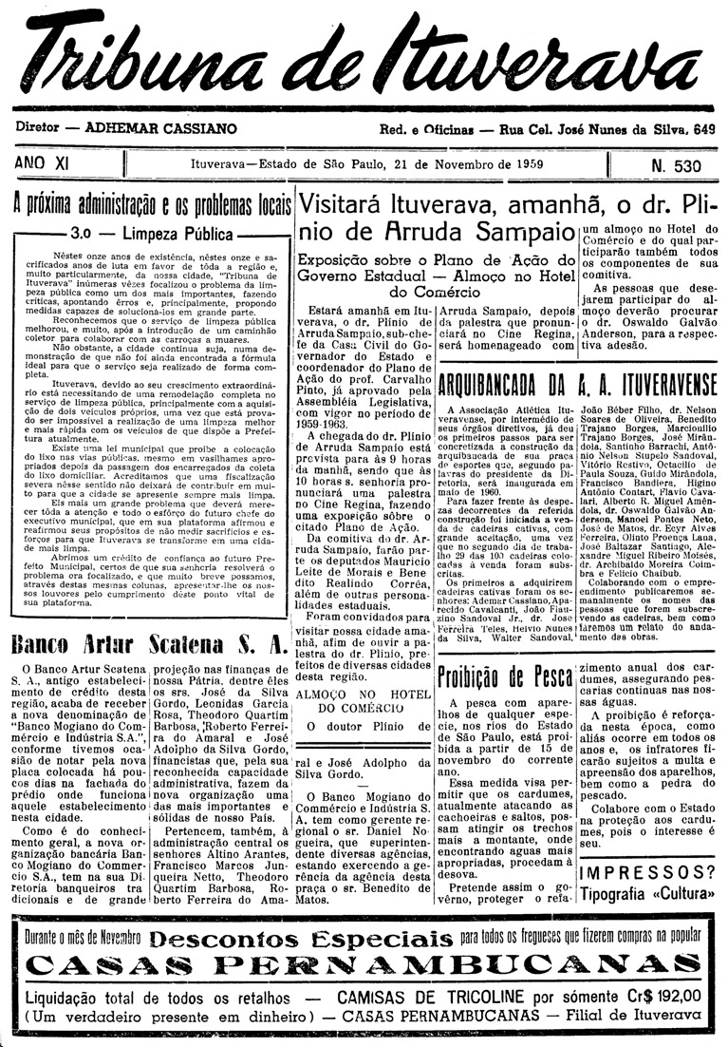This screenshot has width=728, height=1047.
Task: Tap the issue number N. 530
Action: click(x=676, y=166)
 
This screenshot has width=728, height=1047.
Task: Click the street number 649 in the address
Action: click(x=703, y=129)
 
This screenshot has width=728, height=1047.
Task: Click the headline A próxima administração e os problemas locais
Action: click(x=150, y=203)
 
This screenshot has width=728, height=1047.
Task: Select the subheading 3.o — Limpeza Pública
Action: click(x=151, y=232)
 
